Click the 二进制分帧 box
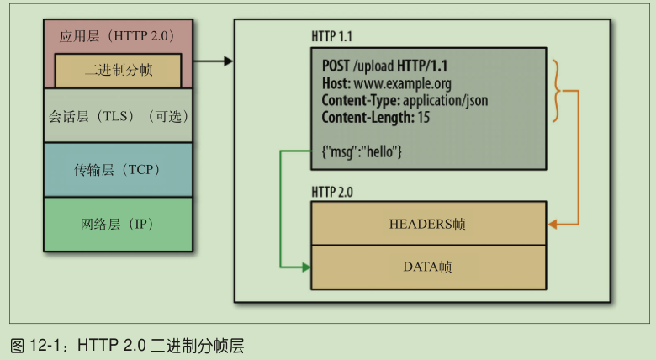[x=118, y=71]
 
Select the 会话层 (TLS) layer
[x=118, y=117]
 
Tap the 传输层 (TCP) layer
[x=118, y=170]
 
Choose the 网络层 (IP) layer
[x=118, y=224]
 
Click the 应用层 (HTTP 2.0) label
[x=118, y=36]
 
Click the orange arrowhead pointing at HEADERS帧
[x=552, y=225]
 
